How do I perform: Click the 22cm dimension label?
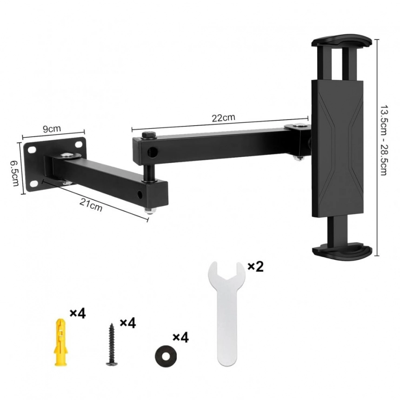223,118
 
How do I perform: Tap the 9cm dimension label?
52,129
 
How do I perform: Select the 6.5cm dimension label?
14,173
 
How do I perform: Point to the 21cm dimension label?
91,205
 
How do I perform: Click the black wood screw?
112,344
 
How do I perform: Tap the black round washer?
166,356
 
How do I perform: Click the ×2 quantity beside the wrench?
256,267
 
